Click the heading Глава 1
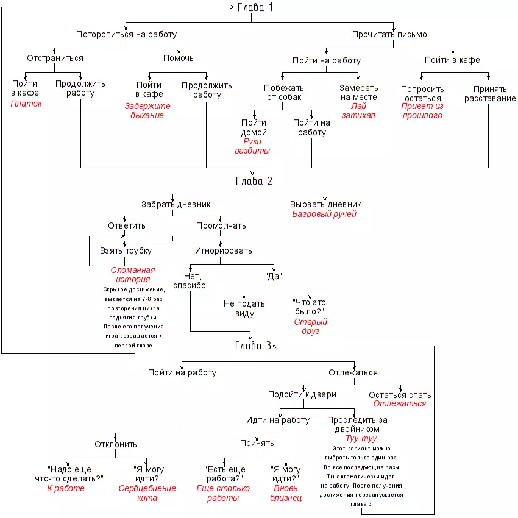click(255, 8)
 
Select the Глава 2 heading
click(254, 181)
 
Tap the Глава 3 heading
click(254, 346)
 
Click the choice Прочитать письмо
click(389, 34)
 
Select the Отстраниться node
click(55, 58)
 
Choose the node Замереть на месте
click(358, 92)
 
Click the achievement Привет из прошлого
click(422, 110)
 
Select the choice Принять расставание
click(490, 93)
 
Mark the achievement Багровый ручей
click(324, 214)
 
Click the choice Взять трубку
click(126, 250)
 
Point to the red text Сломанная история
click(132, 275)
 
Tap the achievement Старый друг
click(310, 327)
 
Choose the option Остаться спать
click(399, 394)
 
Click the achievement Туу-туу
click(361, 439)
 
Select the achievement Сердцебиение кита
click(147, 493)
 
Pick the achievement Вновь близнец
click(285, 493)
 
